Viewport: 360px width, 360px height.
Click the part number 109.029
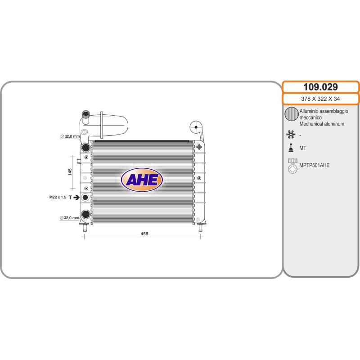click(x=320, y=87)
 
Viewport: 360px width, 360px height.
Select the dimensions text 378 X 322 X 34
click(x=320, y=99)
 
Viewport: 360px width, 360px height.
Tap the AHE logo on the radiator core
click(x=142, y=180)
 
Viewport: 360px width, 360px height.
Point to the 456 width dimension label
click(x=144, y=234)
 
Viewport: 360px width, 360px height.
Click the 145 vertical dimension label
click(x=70, y=172)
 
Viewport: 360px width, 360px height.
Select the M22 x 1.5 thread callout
click(x=58, y=197)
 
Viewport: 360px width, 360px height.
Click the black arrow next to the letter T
click(x=76, y=197)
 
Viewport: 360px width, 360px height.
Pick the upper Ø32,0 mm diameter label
click(x=70, y=136)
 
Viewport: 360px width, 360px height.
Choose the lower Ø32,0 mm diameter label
click(x=69, y=218)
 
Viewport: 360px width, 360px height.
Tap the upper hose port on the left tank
click(x=85, y=148)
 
